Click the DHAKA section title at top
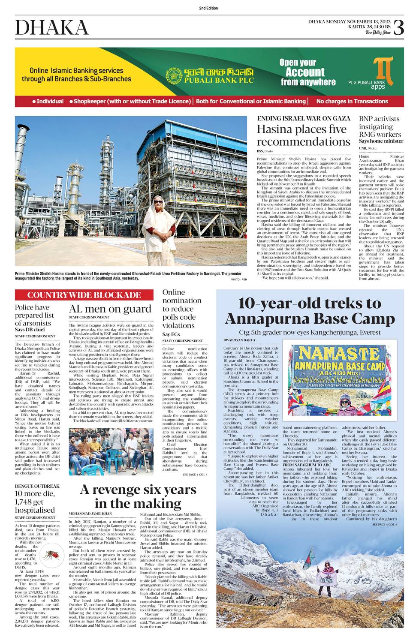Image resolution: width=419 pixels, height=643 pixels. (52, 28)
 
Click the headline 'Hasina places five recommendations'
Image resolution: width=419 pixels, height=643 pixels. (303, 135)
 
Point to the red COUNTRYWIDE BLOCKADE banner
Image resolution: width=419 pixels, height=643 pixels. (84, 295)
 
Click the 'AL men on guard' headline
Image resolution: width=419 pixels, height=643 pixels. (110, 309)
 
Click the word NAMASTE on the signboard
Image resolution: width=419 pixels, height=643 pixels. (338, 354)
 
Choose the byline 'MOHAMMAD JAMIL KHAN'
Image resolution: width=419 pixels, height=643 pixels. (90, 513)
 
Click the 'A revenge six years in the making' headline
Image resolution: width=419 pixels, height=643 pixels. (138, 496)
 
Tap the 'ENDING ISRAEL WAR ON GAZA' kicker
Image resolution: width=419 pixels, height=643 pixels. (303, 118)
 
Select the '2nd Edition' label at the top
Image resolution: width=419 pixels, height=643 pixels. (208, 8)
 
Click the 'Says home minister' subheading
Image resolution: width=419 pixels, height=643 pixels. (381, 141)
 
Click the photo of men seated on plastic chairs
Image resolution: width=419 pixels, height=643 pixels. (111, 451)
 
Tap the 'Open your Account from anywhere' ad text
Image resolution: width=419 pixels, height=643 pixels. (308, 72)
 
